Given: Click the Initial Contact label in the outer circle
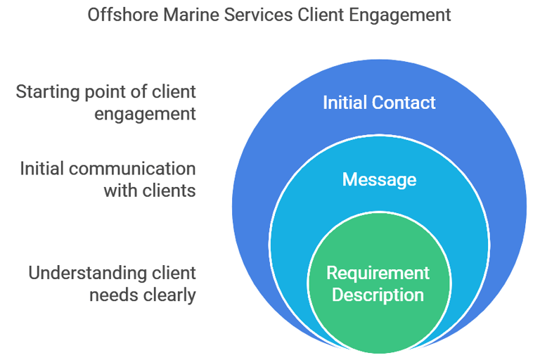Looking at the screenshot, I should coord(379,103).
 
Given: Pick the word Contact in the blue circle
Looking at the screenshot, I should coord(405,103).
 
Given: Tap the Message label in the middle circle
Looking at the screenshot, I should coord(379,180).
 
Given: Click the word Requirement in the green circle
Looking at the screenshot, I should coord(378,273).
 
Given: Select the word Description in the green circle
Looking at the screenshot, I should coord(378,294).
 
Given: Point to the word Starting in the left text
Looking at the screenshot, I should coord(46,92).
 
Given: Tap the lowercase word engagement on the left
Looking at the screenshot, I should coord(146,114).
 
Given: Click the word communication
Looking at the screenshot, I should coord(134,169).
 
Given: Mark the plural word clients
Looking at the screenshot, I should coord(169,190).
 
